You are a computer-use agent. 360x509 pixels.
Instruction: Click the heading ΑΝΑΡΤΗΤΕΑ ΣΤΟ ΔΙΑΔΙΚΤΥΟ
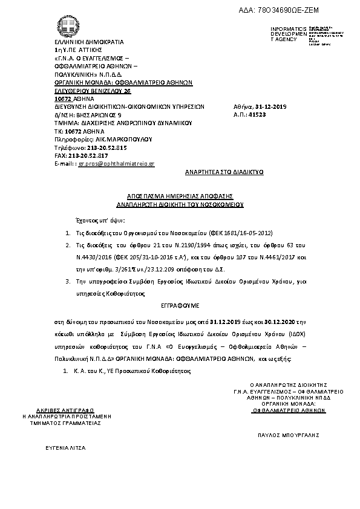point(223,172)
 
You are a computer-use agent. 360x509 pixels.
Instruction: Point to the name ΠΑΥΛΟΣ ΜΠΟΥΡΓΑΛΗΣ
point(288,435)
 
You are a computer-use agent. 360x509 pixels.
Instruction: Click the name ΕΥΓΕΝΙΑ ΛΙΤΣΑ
point(66,449)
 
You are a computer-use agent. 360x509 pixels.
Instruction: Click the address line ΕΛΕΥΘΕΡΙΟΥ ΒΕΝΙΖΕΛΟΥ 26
point(93,90)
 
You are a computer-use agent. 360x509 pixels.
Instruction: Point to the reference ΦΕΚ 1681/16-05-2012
point(247,232)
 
